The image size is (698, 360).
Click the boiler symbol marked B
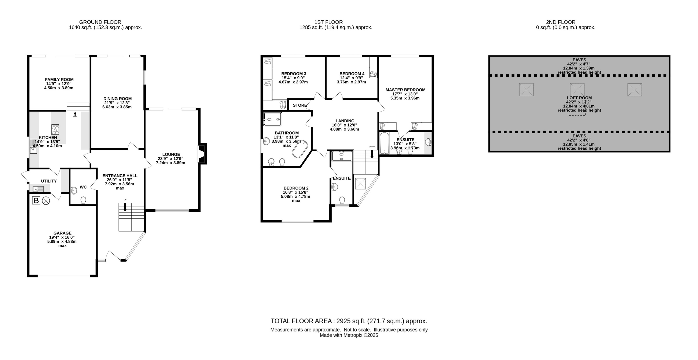pyautogui.click(x=36, y=201)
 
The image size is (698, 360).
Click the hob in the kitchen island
pyautogui.click(x=55, y=130)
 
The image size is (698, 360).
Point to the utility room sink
pyautogui.click(x=38, y=189)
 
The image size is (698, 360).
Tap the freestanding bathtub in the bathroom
pyautogui.click(x=300, y=149)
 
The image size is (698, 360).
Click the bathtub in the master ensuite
pyautogui.click(x=384, y=143)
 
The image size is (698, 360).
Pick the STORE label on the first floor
pyautogui.click(x=300, y=105)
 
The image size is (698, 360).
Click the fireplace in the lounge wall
pyautogui.click(x=203, y=154)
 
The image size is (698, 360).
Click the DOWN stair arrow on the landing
pyautogui.click(x=372, y=154)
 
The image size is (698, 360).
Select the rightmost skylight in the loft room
pyautogui.click(x=635, y=90)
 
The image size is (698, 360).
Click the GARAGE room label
pyautogui.click(x=62, y=233)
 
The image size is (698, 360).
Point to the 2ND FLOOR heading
pyautogui.click(x=561, y=22)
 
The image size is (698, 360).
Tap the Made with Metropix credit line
pyautogui.click(x=349, y=335)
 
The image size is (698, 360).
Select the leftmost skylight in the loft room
pyautogui.click(x=526, y=90)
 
